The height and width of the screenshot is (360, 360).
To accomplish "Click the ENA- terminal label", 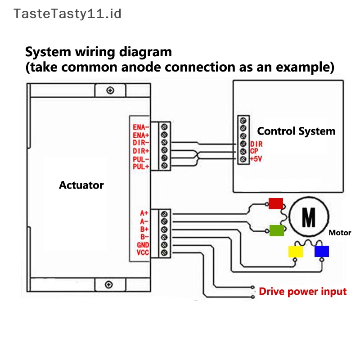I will click(141, 127).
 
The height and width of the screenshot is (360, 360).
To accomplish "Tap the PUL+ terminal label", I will click(141, 167).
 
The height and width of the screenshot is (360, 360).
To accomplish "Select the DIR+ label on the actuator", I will click(141, 151).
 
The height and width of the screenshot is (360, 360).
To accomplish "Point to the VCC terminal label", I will click(143, 253).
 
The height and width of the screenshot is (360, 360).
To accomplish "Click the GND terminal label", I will click(143, 245).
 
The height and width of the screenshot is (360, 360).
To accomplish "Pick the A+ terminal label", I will click(144, 213).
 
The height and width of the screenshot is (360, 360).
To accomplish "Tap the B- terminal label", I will click(144, 237).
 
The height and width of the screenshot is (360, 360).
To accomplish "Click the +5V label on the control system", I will click(256, 159).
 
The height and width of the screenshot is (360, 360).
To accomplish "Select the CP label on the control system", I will click(254, 151).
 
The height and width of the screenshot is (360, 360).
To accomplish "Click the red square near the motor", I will click(276, 203).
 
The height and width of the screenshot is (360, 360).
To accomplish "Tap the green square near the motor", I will click(277, 231).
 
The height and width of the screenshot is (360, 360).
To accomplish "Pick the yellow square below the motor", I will click(296, 252).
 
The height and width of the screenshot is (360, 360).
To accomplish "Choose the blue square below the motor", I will click(322, 251).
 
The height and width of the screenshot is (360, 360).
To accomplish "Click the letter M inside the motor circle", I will click(308, 218).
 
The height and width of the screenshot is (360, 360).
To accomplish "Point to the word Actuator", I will click(81, 185).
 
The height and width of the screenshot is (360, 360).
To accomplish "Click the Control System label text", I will click(296, 131).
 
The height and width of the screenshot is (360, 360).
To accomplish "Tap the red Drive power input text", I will click(303, 292).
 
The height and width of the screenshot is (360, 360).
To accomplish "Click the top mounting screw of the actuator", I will click(110, 91).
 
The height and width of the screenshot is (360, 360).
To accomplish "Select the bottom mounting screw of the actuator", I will click(108, 284).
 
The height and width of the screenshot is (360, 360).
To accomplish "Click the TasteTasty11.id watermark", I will click(67, 13).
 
